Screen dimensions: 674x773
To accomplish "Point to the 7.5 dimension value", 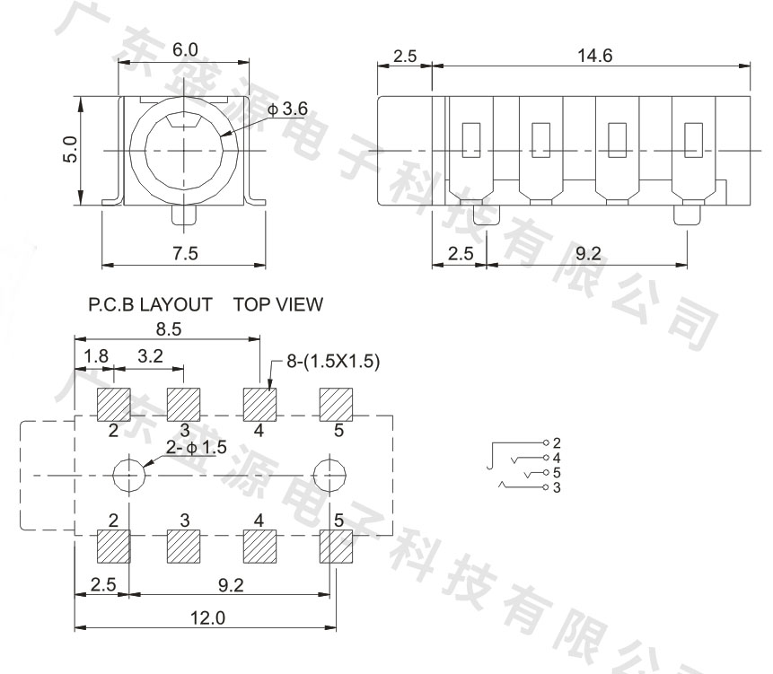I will (185, 254).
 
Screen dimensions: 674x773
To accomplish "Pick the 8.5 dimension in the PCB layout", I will (168, 328).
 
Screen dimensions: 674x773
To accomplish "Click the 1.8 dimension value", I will (93, 357).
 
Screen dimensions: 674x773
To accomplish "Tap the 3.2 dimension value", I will (150, 357).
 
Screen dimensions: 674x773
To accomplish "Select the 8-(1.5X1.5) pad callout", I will (333, 362).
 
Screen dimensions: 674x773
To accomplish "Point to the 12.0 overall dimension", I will (207, 618).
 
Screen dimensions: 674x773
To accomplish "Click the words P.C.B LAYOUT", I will (150, 305).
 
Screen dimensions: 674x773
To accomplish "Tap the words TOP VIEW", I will (277, 305).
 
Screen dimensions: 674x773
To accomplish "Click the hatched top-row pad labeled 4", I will (260, 404).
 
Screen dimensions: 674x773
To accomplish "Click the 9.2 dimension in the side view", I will (587, 254).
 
